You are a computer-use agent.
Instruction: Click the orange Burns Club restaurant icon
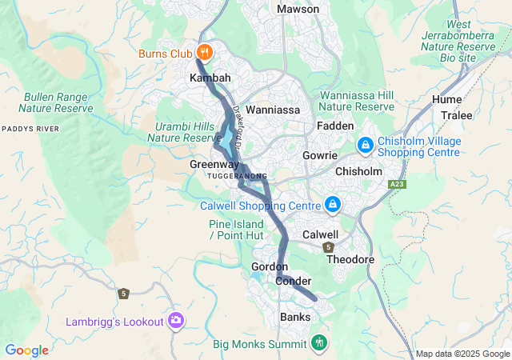(204, 53)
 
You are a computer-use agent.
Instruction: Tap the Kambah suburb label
(210, 78)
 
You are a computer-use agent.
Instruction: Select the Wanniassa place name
(272, 109)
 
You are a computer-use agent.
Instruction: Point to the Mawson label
(298, 9)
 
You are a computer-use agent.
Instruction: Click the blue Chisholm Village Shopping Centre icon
(365, 144)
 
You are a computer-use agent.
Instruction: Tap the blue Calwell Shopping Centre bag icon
(332, 206)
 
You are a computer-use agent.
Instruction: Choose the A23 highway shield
(396, 185)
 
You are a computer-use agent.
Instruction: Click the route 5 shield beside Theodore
(329, 247)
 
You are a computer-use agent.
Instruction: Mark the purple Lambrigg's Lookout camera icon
(176, 321)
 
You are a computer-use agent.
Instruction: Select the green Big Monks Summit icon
(319, 343)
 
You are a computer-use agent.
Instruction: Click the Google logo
(26, 350)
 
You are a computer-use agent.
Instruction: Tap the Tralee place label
(457, 114)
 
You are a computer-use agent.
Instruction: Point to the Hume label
(446, 99)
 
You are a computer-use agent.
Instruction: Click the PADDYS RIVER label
(30, 128)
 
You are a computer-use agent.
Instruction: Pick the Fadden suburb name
(335, 126)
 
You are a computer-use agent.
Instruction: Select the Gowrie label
(320, 155)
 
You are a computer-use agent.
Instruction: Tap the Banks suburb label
(295, 317)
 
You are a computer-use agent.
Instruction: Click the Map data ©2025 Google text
(462, 354)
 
